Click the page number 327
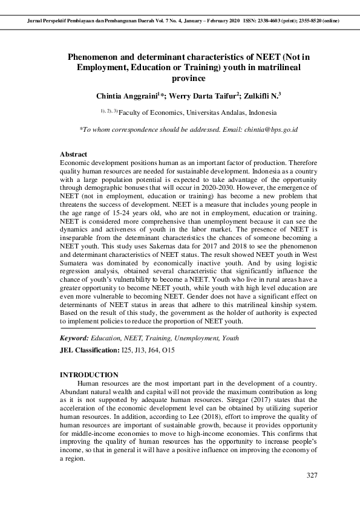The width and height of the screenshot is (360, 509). (312, 475)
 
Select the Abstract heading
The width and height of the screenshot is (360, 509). (73, 155)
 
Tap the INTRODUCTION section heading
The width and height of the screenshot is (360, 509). (89, 375)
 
